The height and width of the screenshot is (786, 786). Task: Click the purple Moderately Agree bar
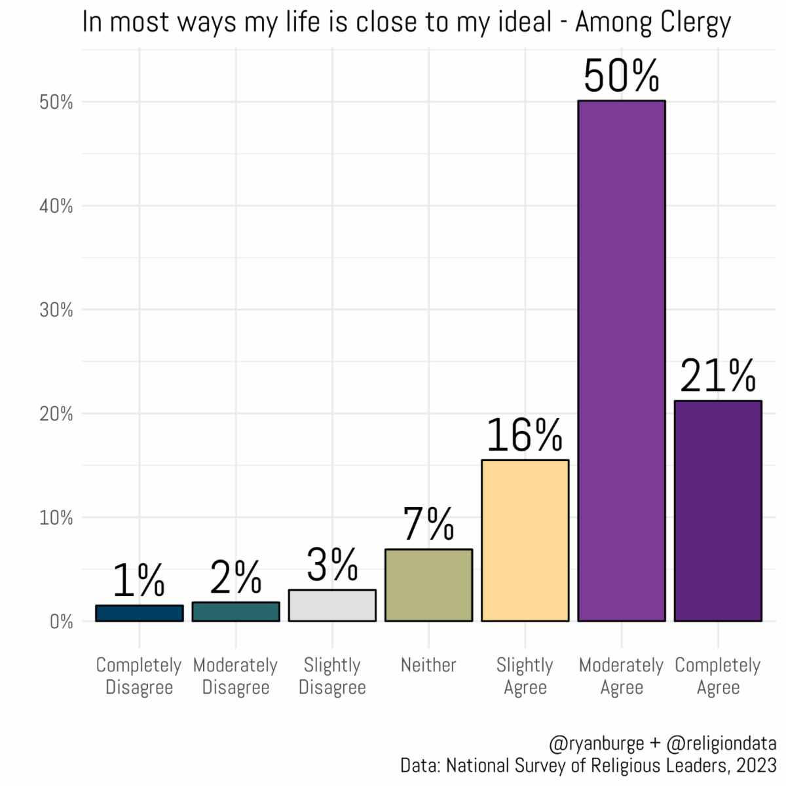click(x=621, y=360)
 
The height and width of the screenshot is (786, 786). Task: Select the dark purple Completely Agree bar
click(x=718, y=511)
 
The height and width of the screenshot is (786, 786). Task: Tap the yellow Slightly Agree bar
click(x=525, y=540)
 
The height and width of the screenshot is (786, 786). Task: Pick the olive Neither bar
click(x=428, y=585)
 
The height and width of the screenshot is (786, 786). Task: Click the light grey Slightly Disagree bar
click(x=332, y=605)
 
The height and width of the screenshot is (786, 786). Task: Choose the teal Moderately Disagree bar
click(x=236, y=612)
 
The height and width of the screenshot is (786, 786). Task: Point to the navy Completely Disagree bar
click(x=139, y=613)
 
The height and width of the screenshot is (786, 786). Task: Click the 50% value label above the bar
click(x=621, y=76)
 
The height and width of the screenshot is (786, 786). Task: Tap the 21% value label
click(x=718, y=376)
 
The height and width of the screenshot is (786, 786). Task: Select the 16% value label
click(x=525, y=436)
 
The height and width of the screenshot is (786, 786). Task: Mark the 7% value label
click(x=428, y=524)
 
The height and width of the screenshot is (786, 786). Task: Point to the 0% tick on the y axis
click(x=61, y=622)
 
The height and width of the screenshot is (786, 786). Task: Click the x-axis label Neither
click(x=428, y=665)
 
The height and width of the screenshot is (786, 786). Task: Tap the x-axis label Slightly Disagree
click(x=332, y=676)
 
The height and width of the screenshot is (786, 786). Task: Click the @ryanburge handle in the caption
click(x=597, y=744)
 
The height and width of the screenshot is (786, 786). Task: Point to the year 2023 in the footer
click(x=756, y=765)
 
